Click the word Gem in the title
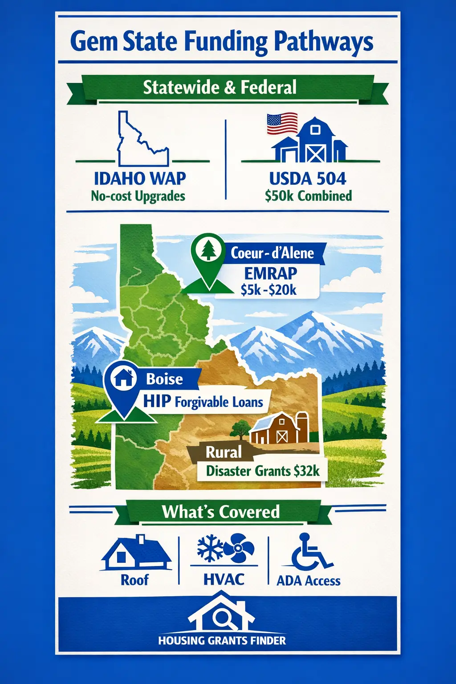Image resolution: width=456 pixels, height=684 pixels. [94, 42]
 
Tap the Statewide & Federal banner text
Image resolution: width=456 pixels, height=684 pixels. [220, 87]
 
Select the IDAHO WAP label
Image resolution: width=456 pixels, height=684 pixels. [140, 179]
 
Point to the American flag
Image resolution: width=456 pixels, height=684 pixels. [282, 123]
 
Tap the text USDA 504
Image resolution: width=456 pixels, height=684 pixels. [308, 179]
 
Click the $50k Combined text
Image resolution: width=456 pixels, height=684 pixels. [308, 196]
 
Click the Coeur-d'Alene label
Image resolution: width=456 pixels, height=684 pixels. [272, 253]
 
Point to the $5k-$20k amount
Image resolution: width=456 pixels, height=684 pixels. [269, 290]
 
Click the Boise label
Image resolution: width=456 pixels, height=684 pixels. [164, 379]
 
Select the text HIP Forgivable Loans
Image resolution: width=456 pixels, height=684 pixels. [203, 402]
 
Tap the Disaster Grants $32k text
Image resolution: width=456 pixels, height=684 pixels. [263, 471]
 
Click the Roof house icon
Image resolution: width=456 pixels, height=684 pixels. [135, 554]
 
